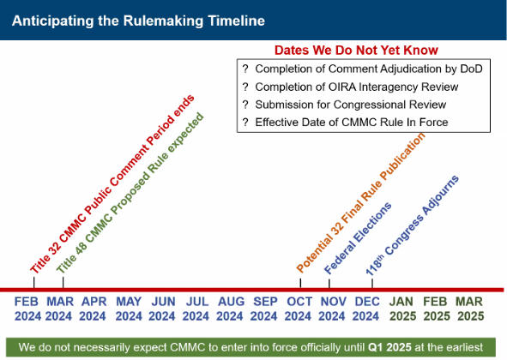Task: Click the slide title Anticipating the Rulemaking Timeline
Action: (138, 19)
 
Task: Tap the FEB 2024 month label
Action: (27, 309)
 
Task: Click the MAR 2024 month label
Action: (60, 309)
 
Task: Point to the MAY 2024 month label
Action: (129, 309)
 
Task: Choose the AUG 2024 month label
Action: (231, 309)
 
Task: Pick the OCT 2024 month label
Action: (299, 309)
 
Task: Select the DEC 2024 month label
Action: (367, 309)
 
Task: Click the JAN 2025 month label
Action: (401, 309)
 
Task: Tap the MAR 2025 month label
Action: (469, 309)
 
